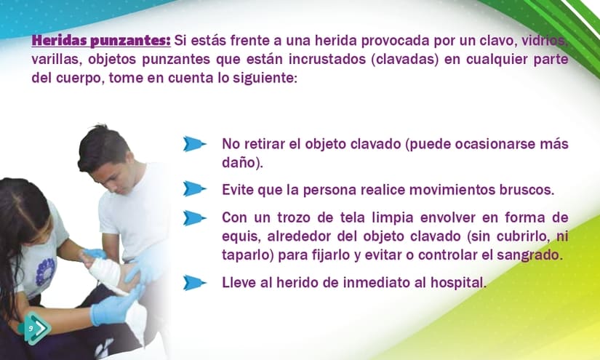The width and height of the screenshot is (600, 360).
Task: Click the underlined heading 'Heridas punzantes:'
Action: (101, 40)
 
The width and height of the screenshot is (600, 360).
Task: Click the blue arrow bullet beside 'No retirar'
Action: (194, 144)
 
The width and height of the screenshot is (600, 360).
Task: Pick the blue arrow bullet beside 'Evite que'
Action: (194, 189)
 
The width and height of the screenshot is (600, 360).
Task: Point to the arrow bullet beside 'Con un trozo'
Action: (194, 218)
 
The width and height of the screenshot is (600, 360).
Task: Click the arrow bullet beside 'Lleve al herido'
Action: (194, 283)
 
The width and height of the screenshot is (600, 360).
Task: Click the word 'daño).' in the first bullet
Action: (243, 163)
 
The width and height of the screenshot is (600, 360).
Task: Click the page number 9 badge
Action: (34, 328)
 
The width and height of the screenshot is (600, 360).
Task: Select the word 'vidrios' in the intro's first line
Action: (543, 40)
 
